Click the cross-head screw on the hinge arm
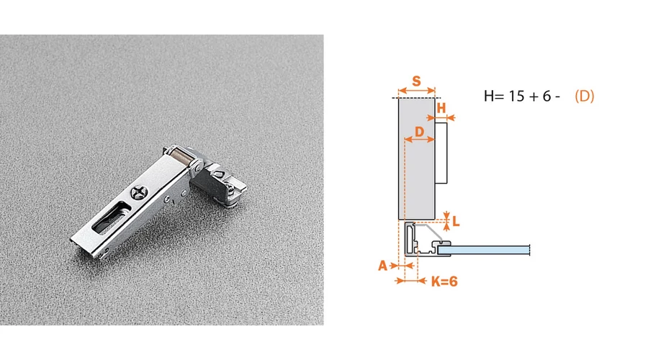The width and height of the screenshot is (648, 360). pyautogui.click(x=138, y=192)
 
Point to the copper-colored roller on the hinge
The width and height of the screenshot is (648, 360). pyautogui.click(x=180, y=157)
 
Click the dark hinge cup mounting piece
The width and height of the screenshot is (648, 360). pyautogui.click(x=217, y=182)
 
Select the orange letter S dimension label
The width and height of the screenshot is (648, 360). pyautogui.click(x=417, y=81)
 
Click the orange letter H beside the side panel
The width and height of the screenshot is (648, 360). pyautogui.click(x=441, y=108)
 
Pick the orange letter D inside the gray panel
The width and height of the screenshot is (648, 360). pyautogui.click(x=420, y=132)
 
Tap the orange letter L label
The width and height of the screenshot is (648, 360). pyautogui.click(x=456, y=222)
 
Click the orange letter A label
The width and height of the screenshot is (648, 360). pyautogui.click(x=383, y=266)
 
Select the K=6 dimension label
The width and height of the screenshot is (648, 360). pyautogui.click(x=444, y=282)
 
